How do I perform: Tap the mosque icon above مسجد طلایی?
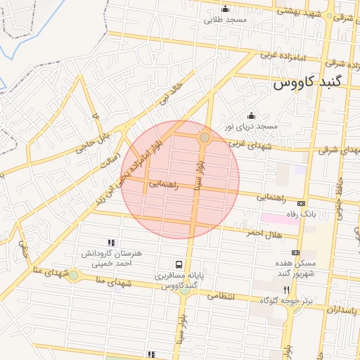pyautogui.click(x=225, y=9)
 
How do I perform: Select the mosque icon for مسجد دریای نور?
pyautogui.click(x=251, y=115)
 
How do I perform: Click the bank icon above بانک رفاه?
pyautogui.click(x=302, y=202)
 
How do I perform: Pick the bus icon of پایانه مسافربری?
pyautogui.click(x=179, y=265)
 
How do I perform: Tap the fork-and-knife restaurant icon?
pyautogui.click(x=285, y=289)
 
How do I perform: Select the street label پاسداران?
pyautogui.click(x=338, y=310)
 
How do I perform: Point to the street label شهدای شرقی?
pyautogui.click(x=337, y=150)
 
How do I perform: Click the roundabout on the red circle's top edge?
pyautogui.click(x=205, y=139)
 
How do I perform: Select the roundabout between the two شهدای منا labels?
pyautogui.click(x=73, y=275)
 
